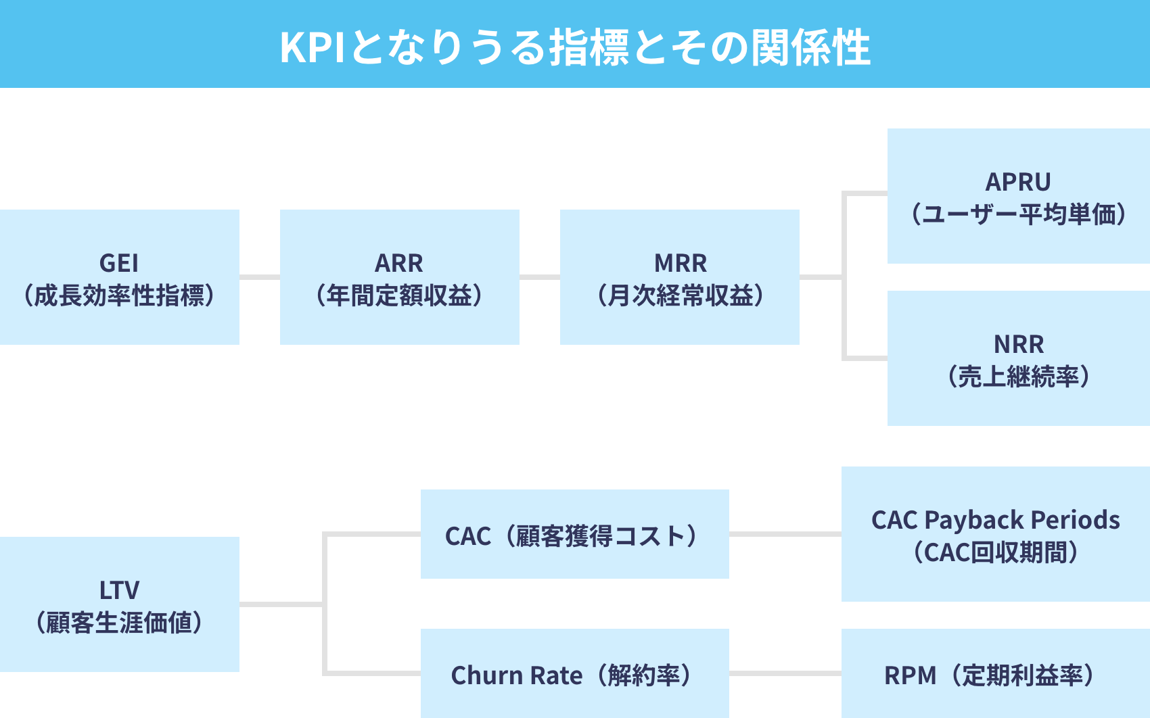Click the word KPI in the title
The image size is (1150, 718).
(312, 47)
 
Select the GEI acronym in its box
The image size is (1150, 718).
(119, 262)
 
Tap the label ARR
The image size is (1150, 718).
(399, 262)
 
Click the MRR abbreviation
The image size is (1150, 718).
(680, 262)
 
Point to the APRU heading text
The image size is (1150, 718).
(1018, 182)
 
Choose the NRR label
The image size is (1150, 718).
(1019, 344)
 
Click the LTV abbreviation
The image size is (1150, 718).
(119, 590)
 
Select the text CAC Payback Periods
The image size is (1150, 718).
(995, 519)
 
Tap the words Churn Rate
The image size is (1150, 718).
(516, 675)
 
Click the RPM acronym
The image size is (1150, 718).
(910, 675)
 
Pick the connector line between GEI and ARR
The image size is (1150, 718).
(260, 277)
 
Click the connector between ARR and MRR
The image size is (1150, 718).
(540, 277)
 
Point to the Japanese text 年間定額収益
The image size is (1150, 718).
(399, 295)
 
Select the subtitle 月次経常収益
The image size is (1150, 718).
(680, 295)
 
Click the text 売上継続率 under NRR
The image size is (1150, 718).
(1019, 377)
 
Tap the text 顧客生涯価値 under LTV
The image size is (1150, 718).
(119, 623)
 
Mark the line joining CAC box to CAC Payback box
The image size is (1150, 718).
(785, 534)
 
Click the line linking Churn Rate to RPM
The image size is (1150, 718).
(785, 673)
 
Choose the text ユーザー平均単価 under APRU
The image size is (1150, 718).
(1018, 214)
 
